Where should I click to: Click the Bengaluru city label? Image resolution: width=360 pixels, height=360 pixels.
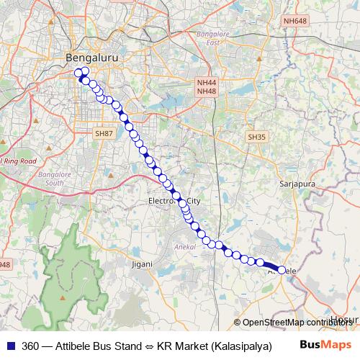click(x=91, y=56)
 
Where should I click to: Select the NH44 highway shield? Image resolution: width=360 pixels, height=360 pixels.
click(x=206, y=83)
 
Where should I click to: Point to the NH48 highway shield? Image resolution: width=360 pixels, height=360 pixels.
click(x=206, y=91)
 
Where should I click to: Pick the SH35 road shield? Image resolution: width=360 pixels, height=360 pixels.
click(x=256, y=136)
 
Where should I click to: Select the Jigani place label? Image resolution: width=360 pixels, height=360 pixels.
click(x=142, y=264)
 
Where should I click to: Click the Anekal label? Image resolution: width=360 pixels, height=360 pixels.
click(x=186, y=246)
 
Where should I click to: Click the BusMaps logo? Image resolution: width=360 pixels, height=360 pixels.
click(x=320, y=346)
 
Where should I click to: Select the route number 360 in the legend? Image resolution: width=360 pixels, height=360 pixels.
click(x=31, y=346)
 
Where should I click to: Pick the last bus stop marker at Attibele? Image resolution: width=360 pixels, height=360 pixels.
click(x=282, y=269)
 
